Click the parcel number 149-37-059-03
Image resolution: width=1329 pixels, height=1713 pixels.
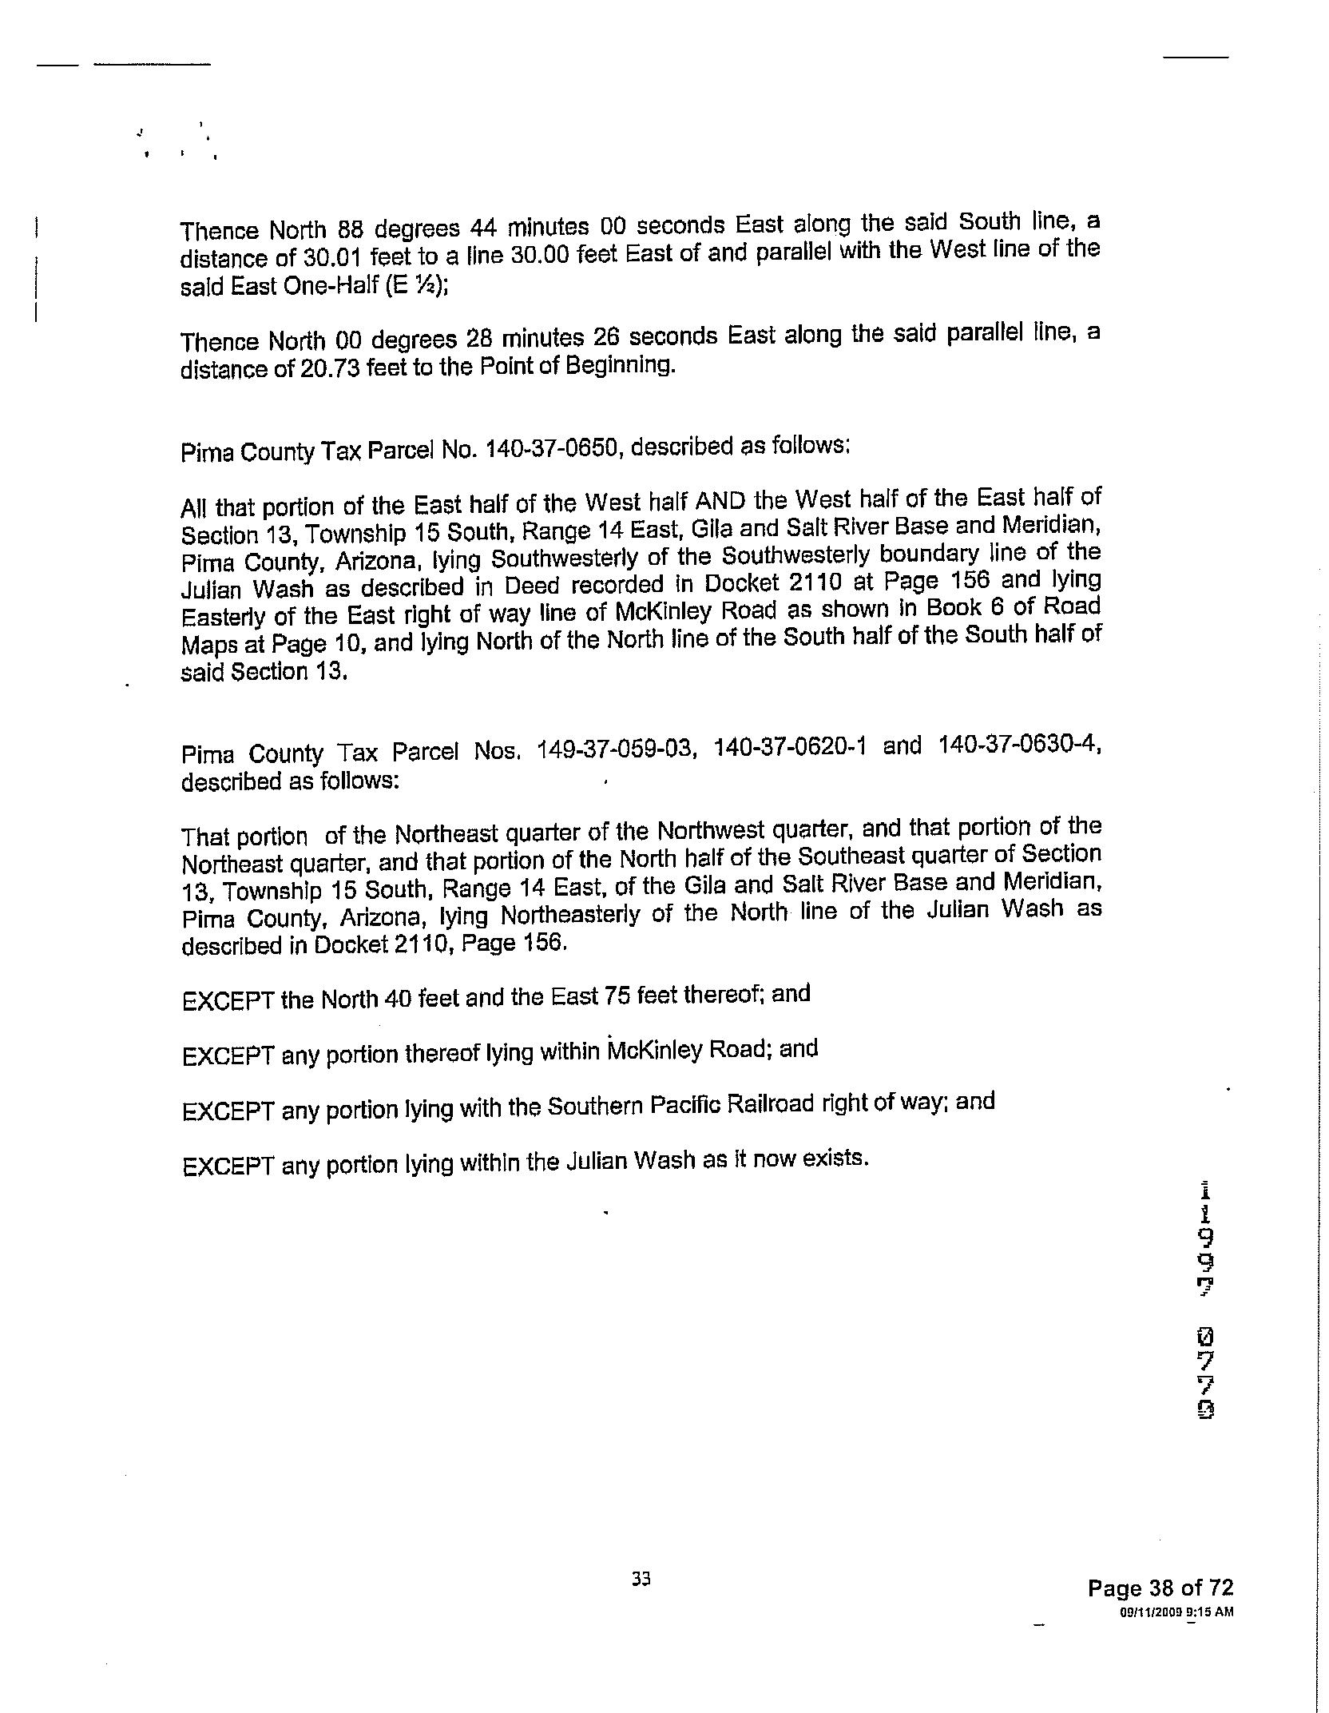pos(613,749)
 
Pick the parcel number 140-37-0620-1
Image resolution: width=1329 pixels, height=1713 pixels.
pos(789,746)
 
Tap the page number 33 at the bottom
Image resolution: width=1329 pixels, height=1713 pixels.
pos(641,1578)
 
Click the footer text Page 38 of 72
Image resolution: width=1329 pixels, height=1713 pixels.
pos(1160,1588)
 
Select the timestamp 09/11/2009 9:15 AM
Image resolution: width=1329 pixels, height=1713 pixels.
pos(1176,1612)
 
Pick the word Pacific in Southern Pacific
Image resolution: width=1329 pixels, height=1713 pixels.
pos(686,1106)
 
